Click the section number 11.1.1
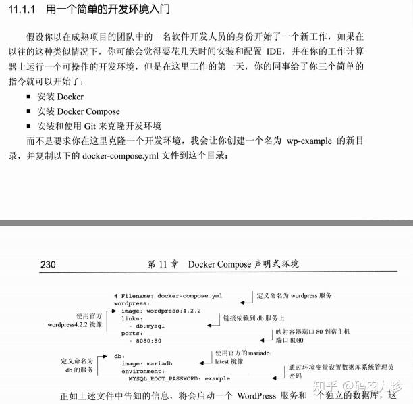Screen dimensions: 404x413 [24, 11]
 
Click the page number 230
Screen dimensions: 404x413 [48, 264]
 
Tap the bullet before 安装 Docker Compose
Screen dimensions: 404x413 [29, 111]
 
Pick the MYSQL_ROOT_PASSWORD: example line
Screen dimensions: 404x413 [171, 378]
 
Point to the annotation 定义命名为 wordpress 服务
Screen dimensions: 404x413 [294, 296]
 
